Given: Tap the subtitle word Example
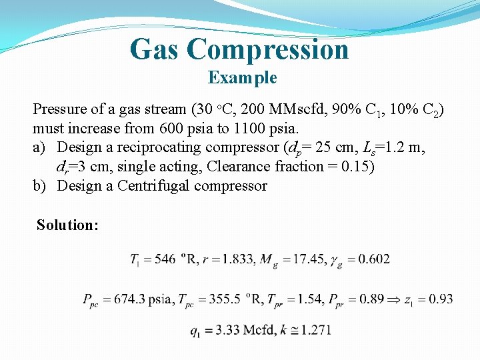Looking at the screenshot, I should tap(242, 78).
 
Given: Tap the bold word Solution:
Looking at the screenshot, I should tap(67, 225).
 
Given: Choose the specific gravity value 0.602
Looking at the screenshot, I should tap(375, 259).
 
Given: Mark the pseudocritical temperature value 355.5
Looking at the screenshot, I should tap(220, 299).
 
